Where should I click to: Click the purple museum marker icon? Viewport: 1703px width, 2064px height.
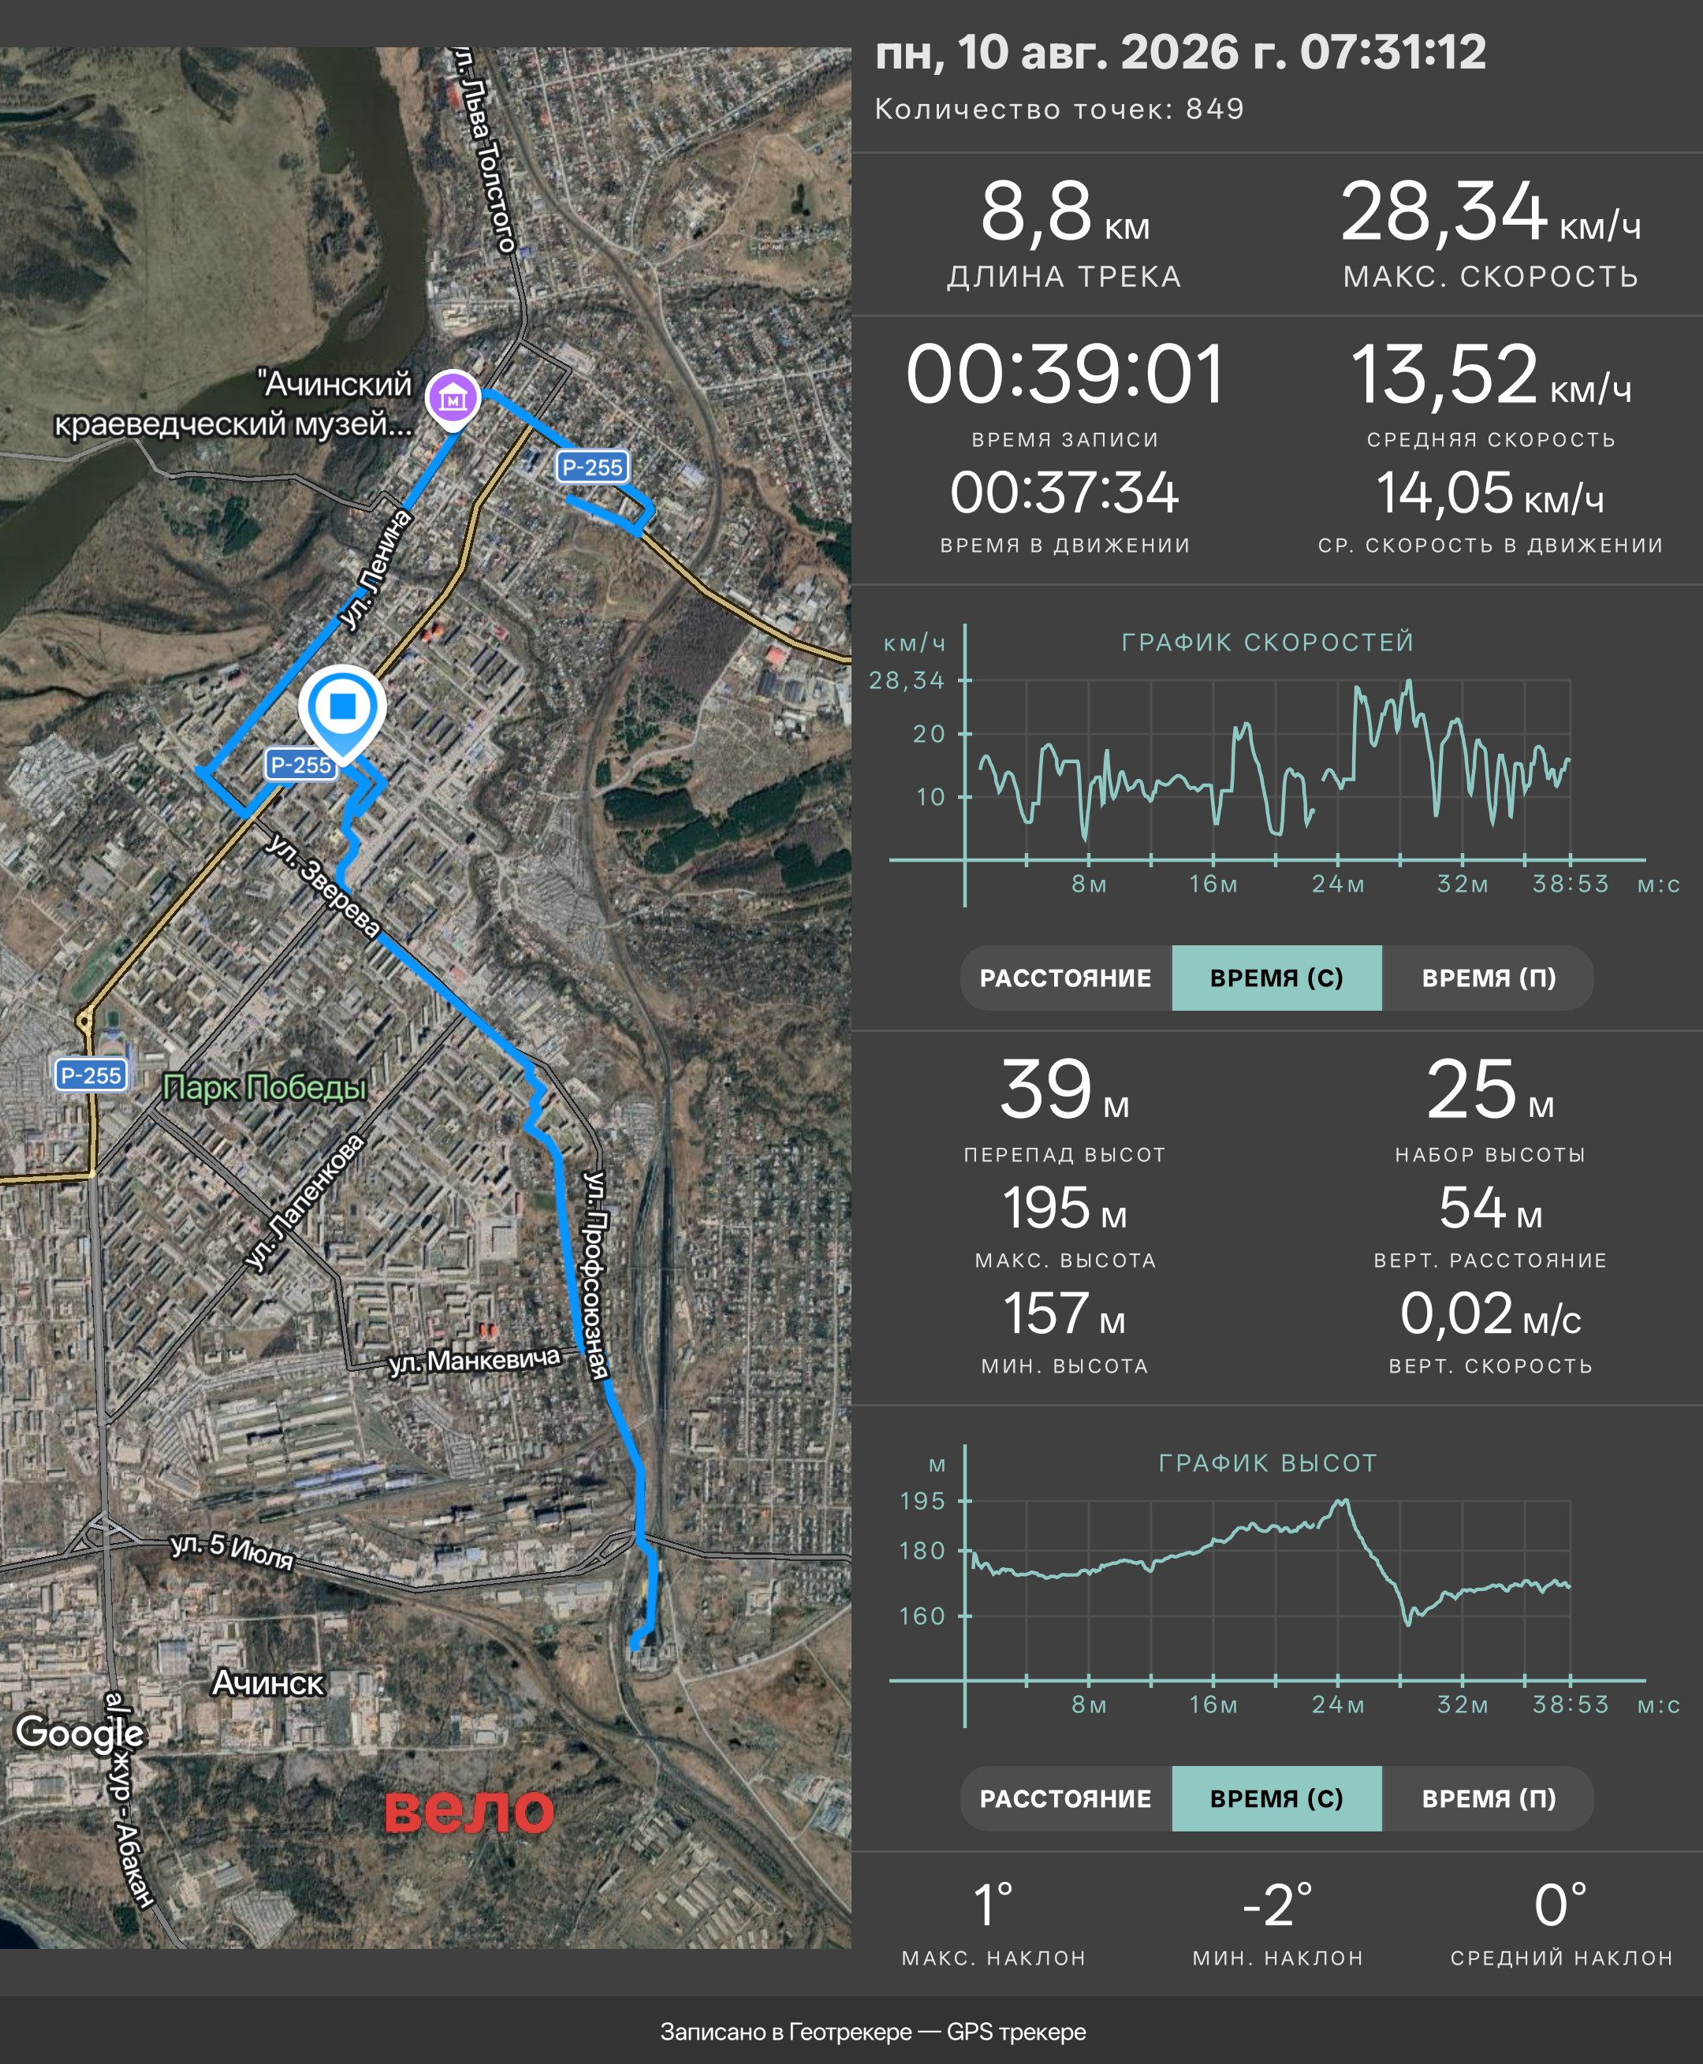453,398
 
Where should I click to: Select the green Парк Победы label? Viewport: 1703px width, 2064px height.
265,1087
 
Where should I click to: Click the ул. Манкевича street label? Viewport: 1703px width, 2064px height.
474,1361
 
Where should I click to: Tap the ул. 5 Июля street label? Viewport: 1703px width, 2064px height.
233,1550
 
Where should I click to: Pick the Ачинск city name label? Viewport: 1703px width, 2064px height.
268,1682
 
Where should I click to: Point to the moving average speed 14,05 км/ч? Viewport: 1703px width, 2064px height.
1490,493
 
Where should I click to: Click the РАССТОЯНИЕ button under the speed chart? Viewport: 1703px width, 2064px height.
1065,978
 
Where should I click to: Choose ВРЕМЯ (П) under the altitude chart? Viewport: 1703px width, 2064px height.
1489,1798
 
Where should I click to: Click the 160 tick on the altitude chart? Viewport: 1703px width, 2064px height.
922,1615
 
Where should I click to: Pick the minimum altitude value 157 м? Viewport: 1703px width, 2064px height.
1064,1314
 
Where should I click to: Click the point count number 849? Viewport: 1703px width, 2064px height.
1214,109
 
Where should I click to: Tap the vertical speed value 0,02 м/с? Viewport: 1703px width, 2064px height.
1490,1314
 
